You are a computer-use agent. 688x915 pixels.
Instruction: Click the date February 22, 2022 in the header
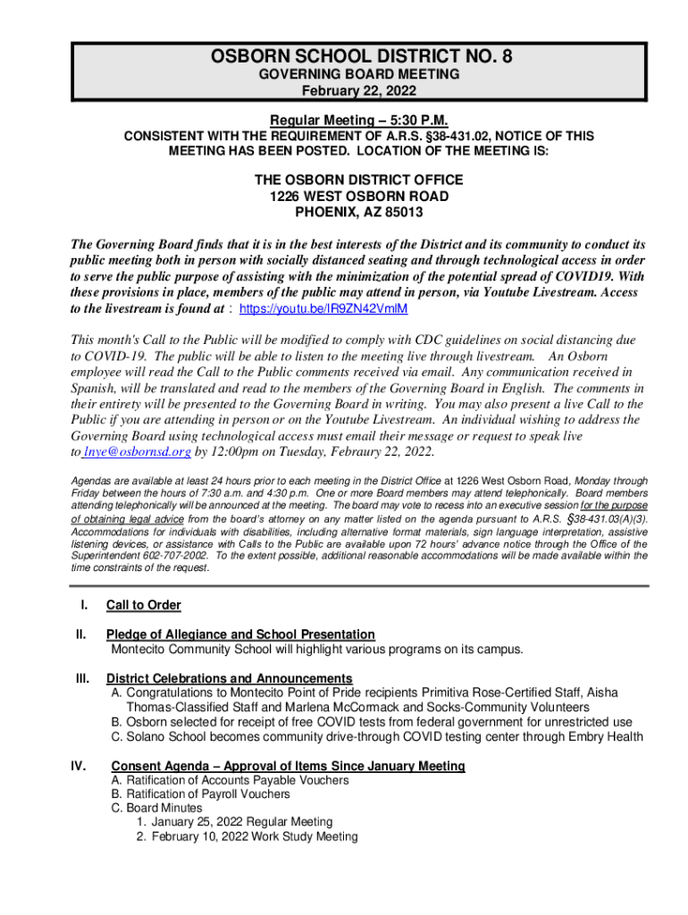(x=358, y=90)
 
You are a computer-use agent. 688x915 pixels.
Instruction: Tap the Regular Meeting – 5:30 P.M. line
(x=358, y=121)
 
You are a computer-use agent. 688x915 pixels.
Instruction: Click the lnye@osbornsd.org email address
(x=138, y=452)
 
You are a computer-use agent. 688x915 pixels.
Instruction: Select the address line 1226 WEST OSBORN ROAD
(x=358, y=197)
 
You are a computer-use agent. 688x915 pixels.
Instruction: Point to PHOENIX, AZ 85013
(x=358, y=213)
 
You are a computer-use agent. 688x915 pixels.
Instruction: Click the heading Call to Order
(x=143, y=605)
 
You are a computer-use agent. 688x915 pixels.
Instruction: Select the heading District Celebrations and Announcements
(x=229, y=678)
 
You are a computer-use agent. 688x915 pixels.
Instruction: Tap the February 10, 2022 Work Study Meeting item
(x=254, y=837)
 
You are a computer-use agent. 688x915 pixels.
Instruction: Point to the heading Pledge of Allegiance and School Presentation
(x=240, y=634)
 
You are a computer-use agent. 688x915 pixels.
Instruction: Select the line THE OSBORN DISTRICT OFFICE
(x=358, y=180)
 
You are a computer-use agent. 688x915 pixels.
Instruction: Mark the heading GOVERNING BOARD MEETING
(x=358, y=74)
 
